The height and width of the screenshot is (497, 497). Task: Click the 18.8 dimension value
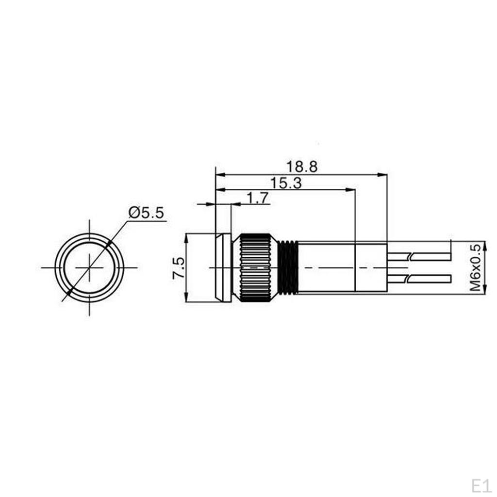(301, 166)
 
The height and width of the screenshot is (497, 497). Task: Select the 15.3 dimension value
(286, 182)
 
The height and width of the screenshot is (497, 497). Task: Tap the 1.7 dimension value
(258, 198)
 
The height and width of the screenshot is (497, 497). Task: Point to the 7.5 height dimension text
(179, 267)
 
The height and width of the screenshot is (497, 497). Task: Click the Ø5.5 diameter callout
(146, 213)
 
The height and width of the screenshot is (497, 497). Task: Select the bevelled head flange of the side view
(223, 267)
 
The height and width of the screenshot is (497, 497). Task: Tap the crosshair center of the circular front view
(89, 267)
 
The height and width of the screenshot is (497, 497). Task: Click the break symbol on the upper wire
(411, 256)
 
